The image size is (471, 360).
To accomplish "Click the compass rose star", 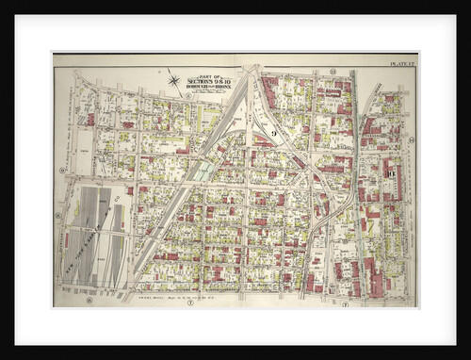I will click(x=173, y=80).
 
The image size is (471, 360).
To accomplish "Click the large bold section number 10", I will click(x=390, y=172).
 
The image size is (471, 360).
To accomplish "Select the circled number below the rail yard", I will click(x=89, y=301).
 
